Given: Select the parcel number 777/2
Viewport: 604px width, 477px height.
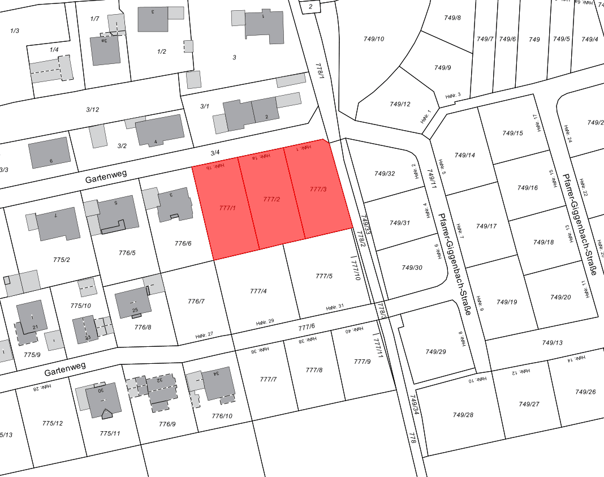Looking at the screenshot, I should coord(272,199).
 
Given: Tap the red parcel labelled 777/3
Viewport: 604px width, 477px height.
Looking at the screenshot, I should coord(318,189).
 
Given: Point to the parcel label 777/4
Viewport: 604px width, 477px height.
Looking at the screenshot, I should coord(258,291).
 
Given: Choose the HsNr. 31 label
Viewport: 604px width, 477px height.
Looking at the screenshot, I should coord(335,308).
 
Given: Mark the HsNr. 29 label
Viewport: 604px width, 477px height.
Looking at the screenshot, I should coord(265,322).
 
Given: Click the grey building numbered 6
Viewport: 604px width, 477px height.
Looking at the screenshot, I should coord(50,152).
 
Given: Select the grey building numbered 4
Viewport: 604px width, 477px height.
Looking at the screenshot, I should coord(160,130).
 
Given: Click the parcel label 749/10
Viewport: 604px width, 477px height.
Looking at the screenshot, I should coord(374,39).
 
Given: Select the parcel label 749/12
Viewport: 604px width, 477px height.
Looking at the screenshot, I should coord(400,104).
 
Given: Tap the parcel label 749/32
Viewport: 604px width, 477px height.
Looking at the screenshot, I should coord(385,173).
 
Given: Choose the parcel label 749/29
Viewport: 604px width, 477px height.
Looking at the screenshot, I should coord(435,352).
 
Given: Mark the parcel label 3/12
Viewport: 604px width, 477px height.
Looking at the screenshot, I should coord(92,110).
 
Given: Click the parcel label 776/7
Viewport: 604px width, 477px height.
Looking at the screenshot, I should coord(196,301).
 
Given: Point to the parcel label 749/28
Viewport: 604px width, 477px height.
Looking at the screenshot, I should coord(463,415).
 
